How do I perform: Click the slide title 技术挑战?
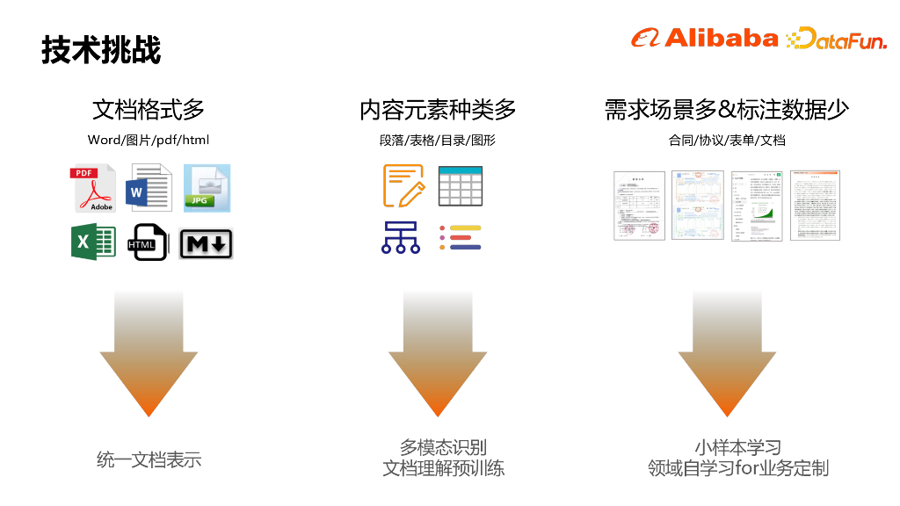[101, 50]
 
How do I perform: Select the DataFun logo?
[836, 39]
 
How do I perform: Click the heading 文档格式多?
[149, 110]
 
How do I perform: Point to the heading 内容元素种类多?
[438, 110]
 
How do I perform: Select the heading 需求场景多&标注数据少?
[726, 110]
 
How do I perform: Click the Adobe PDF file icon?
[94, 188]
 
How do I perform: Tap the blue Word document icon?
[150, 187]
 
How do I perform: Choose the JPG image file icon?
[207, 187]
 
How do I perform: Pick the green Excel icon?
[93, 242]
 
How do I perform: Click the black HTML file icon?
[147, 242]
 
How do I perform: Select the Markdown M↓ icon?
[206, 243]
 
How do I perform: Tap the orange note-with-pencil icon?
[403, 184]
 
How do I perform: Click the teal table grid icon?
[461, 184]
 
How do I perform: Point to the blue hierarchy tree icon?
[401, 237]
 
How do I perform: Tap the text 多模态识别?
[444, 447]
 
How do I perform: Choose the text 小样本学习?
[737, 447]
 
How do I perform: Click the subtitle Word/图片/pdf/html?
[149, 140]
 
